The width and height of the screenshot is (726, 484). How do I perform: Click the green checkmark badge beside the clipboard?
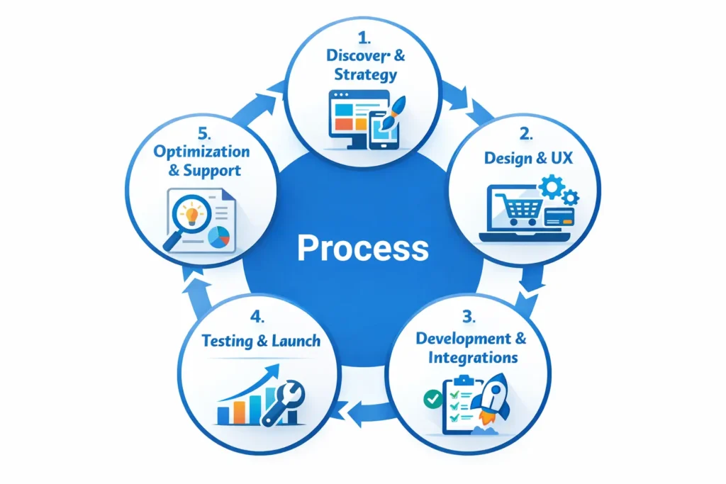[x=432, y=400]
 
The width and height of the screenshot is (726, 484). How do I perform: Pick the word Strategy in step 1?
[x=362, y=74]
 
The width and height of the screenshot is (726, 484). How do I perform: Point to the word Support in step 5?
[x=212, y=171]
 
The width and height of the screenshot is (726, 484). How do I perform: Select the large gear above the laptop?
[x=553, y=186]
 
